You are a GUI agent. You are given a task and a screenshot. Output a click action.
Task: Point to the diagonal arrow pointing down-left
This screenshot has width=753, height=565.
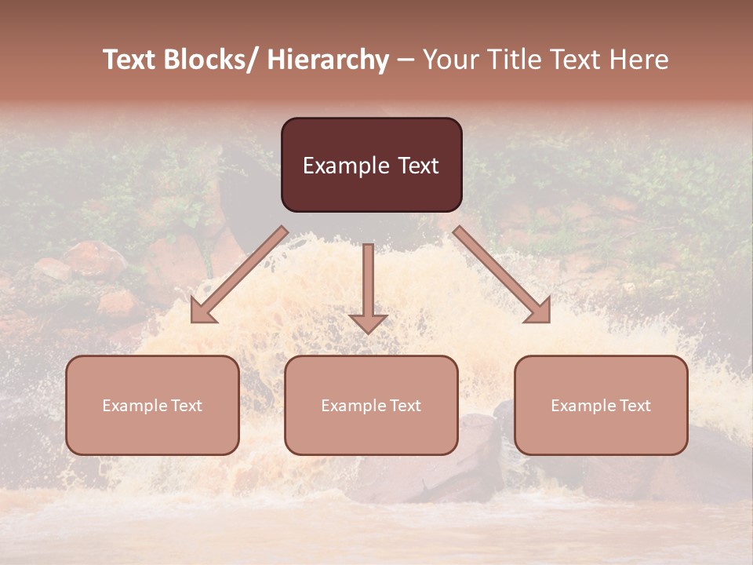(239, 275)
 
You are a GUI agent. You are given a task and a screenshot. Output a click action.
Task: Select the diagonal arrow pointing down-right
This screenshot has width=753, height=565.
(502, 275)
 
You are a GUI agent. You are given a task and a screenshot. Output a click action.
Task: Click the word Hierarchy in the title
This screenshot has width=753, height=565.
(328, 60)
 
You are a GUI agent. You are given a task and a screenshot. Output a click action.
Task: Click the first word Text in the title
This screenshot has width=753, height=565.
(130, 60)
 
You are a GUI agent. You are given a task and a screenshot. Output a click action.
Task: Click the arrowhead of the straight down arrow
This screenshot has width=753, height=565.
(368, 323)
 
